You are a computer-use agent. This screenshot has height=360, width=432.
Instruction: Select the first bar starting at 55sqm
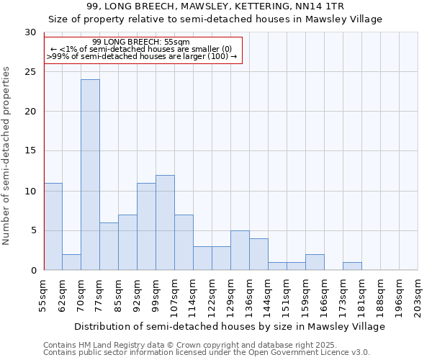tap(53, 227)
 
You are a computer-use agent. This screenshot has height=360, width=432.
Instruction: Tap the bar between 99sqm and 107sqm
tap(165, 222)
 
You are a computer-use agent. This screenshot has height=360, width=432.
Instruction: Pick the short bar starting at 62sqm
tap(71, 262)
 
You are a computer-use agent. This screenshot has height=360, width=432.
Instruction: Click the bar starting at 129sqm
tap(240, 251)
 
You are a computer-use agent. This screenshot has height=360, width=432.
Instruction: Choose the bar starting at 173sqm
tap(352, 266)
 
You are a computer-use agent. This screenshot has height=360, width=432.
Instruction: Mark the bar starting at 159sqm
tap(315, 262)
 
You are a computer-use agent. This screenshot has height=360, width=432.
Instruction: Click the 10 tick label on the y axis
tap(30, 192)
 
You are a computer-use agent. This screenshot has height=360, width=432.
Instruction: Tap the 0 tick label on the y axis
tap(33, 271)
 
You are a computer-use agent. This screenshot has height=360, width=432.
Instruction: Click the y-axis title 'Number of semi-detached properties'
tap(7, 156)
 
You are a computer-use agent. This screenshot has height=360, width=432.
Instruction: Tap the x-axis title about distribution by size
tap(230, 326)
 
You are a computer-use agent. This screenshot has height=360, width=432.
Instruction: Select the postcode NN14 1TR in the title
tap(321, 6)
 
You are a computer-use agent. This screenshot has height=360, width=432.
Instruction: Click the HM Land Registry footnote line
tap(205, 345)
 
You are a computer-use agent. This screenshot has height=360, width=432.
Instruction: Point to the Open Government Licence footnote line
tap(207, 353)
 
